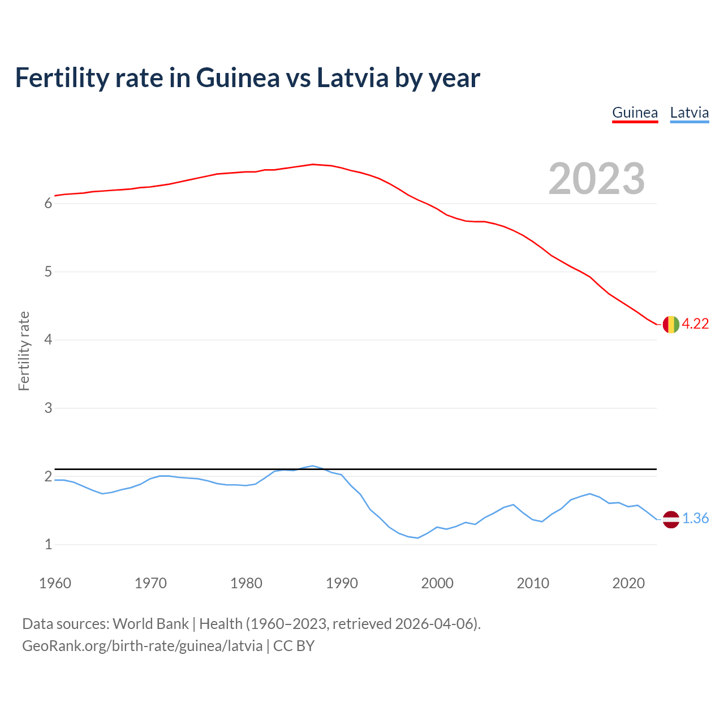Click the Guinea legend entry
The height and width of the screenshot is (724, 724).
click(635, 113)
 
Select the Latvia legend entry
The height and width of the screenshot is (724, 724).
click(689, 113)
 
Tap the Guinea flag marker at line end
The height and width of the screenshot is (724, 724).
click(671, 324)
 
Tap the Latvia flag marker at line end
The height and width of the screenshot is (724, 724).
click(671, 519)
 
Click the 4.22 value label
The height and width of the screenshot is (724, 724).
click(695, 324)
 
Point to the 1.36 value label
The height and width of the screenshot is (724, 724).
click(695, 519)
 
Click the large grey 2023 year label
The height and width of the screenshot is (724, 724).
click(597, 179)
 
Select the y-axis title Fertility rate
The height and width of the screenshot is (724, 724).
click(24, 351)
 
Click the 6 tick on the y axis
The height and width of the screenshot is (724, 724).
click(49, 204)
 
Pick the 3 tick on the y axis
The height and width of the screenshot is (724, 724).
click(49, 408)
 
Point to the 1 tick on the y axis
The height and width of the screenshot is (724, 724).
click(49, 545)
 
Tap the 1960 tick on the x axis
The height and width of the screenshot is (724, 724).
click(55, 583)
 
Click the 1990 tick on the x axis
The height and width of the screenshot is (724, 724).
click(342, 583)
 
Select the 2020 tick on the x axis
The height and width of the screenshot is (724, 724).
click(628, 583)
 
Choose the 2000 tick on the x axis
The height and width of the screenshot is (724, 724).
click(437, 583)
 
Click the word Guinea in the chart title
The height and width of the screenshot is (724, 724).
click(238, 77)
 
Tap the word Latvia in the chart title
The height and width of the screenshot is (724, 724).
click(352, 77)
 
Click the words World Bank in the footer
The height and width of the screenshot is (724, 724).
click(150, 624)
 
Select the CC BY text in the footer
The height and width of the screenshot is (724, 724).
click(294, 646)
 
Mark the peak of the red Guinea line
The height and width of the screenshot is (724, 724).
click(313, 164)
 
